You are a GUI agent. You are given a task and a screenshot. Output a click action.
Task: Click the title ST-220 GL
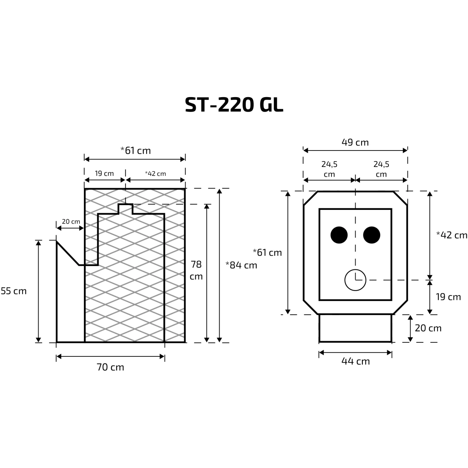[x=234, y=105]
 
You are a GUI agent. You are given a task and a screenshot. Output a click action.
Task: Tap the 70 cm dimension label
[x=110, y=367]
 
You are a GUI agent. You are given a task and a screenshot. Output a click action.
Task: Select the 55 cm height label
[x=14, y=291]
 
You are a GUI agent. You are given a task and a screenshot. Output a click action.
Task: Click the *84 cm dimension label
[x=241, y=265]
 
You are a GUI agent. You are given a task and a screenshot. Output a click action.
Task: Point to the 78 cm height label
[x=196, y=270]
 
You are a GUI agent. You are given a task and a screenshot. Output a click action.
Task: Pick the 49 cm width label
[x=355, y=142]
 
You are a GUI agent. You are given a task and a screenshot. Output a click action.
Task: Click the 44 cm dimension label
[x=356, y=361]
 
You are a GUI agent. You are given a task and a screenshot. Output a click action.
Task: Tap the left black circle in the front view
[x=339, y=235]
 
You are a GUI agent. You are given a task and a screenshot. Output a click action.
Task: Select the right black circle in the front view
[x=372, y=235]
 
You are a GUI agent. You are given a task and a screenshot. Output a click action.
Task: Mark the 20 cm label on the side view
[x=71, y=222]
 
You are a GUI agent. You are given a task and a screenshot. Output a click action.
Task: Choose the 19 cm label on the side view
[x=104, y=174]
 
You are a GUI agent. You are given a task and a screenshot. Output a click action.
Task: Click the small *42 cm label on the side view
[x=156, y=174]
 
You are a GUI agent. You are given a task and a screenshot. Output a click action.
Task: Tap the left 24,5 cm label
[x=329, y=169]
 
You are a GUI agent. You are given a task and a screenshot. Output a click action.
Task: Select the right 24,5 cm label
[x=381, y=169]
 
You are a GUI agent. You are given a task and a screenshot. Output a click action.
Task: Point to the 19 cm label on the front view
[x=448, y=297]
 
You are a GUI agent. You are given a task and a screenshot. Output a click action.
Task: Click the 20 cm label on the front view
[x=428, y=328]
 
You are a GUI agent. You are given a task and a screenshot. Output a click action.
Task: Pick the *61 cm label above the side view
[x=135, y=151]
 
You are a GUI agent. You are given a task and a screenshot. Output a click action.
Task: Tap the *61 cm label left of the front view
[x=267, y=253]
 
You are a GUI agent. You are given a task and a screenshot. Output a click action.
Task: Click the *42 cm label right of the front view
[x=452, y=235]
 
